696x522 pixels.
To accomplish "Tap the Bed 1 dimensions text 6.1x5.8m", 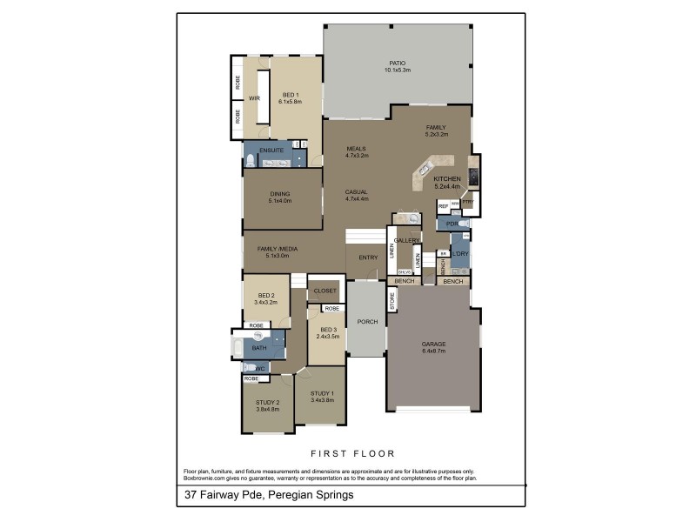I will (290, 102).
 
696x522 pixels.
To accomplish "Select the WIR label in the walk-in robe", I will (255, 98).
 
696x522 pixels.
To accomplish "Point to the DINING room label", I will (279, 194).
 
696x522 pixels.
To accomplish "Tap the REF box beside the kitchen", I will (443, 206).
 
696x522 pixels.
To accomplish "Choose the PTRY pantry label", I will (467, 202).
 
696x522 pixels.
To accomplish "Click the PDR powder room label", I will (451, 224).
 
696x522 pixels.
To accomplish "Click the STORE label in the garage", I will (392, 302).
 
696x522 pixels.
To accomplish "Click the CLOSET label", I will (325, 291).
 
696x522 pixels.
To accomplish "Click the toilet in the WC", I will (249, 367).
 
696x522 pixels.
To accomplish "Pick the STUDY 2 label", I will (267, 402).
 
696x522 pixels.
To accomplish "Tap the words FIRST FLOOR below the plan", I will (352, 453).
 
